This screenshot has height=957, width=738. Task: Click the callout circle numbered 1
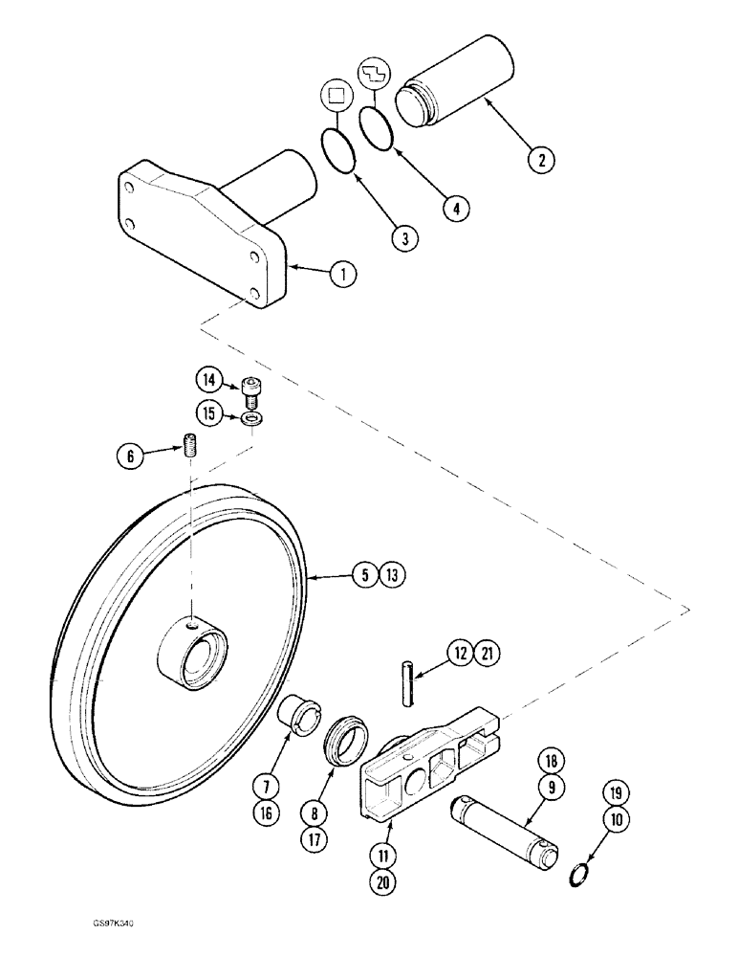point(342,275)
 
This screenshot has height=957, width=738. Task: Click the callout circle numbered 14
point(208,380)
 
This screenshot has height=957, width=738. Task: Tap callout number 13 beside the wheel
point(391,576)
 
